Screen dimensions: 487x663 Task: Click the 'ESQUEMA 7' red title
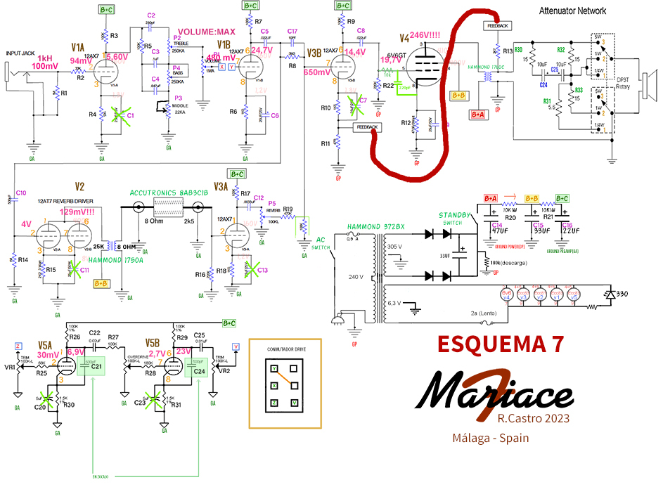coord(501,344)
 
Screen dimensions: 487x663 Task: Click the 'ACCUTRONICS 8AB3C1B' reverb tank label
coord(168,193)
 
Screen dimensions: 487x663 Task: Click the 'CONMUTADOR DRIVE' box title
coord(285,349)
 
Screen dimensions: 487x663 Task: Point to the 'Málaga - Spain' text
coord(491,438)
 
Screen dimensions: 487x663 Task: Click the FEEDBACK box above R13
coord(496,25)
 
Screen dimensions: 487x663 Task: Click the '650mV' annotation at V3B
coord(317,72)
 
